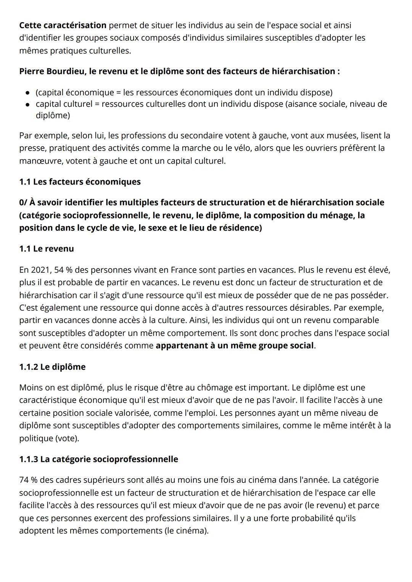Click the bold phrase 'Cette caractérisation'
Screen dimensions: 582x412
(63, 26)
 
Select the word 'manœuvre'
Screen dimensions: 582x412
(41, 161)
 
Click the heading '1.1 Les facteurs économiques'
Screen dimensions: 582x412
(80, 182)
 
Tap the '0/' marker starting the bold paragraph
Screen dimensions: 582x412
(24, 203)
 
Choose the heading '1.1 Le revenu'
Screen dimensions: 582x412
(47, 249)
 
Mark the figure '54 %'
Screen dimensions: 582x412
(63, 270)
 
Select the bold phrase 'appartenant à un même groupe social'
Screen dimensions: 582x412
(235, 346)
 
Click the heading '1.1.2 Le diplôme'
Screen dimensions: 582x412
(52, 367)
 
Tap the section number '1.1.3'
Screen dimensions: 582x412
(29, 459)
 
